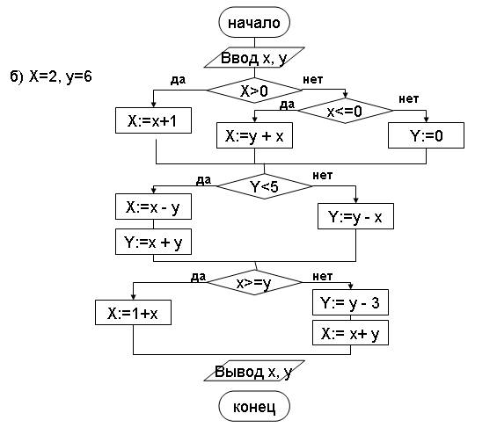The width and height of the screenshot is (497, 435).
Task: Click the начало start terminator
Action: pos(254,23)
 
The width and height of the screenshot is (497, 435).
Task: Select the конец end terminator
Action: pos(254,406)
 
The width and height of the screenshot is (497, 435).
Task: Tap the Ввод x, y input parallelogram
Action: pos(254,58)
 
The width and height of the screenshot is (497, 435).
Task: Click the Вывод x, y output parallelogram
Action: pos(254,371)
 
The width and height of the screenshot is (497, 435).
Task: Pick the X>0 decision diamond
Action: pos(254,91)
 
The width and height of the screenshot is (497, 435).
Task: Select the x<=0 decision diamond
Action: pos(345,111)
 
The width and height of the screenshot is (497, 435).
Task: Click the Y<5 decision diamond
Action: pos(265,186)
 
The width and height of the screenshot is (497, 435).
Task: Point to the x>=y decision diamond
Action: pos(254,282)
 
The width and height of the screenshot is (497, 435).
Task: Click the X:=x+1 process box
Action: pos(153,120)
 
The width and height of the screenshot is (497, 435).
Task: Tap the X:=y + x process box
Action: pos(254,135)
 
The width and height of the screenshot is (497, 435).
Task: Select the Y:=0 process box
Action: pos(426,135)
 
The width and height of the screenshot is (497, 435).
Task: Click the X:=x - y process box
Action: pos(153,207)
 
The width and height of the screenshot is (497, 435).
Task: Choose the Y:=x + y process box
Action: pos(153,242)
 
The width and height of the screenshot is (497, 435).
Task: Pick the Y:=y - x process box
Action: pos(355,216)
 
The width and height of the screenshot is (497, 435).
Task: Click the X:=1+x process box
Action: pos(133,313)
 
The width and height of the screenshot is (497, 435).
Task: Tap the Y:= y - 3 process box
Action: pos(350,302)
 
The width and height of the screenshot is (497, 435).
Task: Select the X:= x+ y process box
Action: pos(350,333)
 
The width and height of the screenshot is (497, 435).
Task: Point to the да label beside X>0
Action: pos(179,79)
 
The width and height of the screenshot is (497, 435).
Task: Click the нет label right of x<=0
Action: pos(408,99)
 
